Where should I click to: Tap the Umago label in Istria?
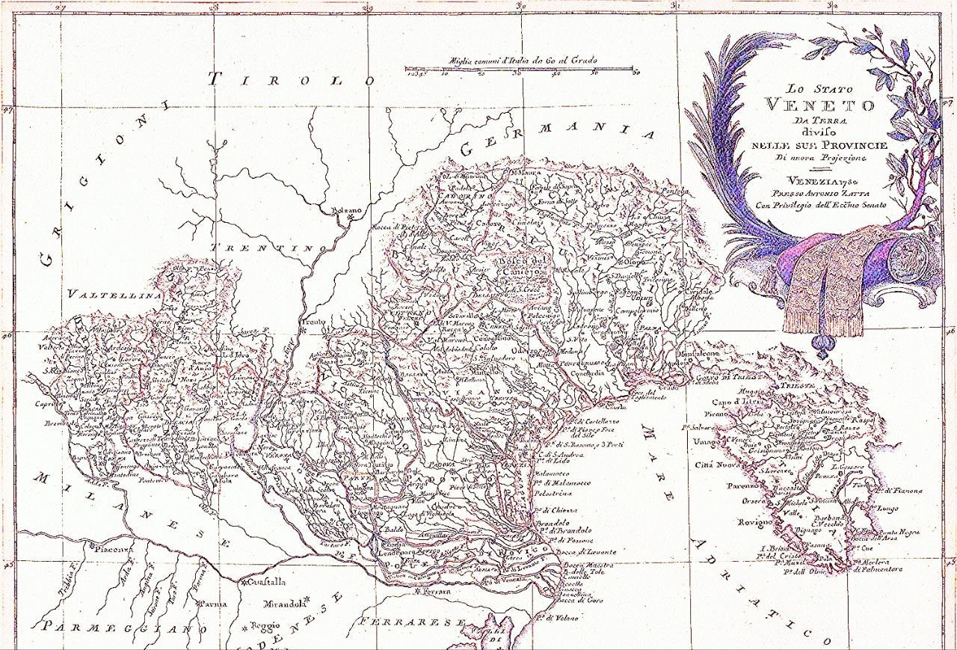(708, 442)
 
